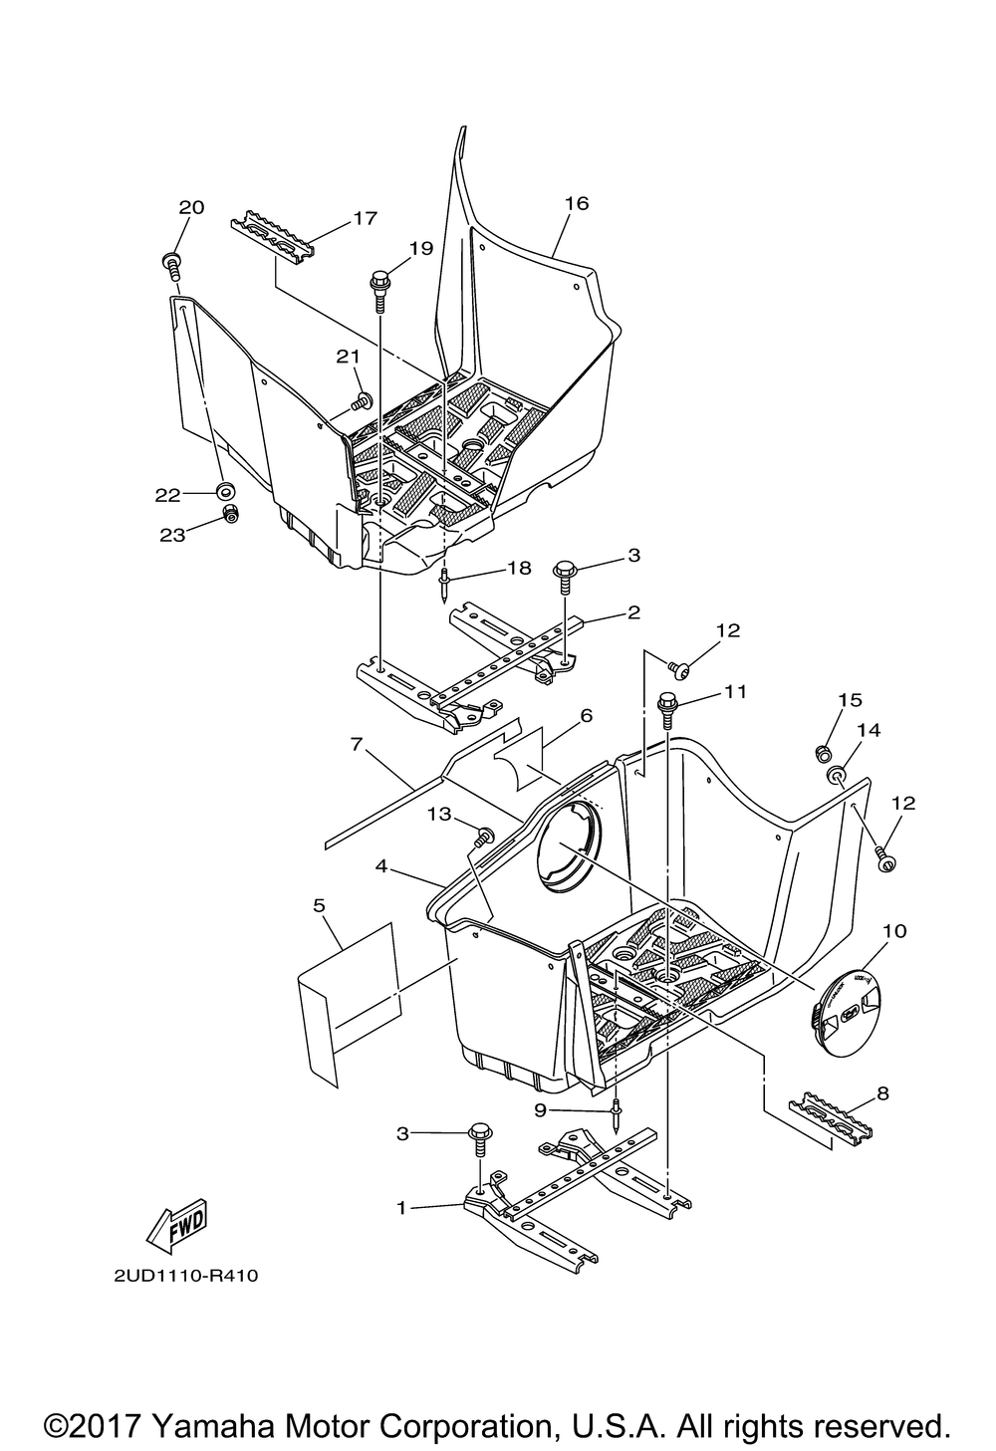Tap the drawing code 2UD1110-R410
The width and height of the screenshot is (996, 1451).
[178, 1276]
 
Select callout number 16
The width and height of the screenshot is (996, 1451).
[576, 203]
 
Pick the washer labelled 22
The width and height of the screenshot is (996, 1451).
[225, 490]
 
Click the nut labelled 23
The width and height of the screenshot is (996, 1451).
[229, 514]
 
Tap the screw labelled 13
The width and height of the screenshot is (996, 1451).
[485, 836]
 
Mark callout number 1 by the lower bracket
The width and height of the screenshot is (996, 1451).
[401, 1207]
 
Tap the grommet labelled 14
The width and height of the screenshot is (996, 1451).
[840, 772]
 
